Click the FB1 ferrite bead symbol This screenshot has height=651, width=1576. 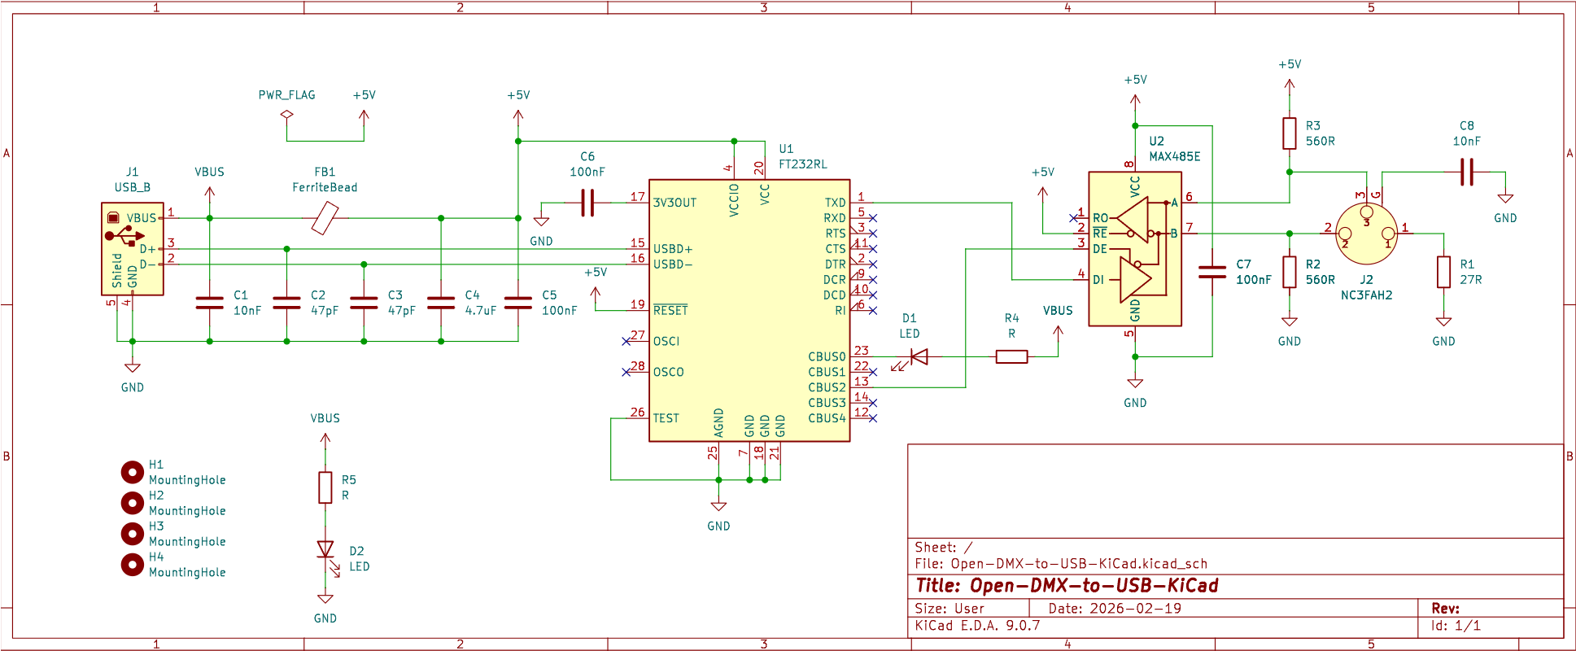(x=325, y=218)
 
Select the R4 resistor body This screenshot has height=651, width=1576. (x=1011, y=356)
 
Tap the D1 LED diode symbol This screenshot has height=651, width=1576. (x=919, y=356)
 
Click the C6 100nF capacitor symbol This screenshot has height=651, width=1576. (x=587, y=203)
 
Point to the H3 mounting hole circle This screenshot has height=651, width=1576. (x=132, y=533)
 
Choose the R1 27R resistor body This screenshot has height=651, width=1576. (x=1443, y=272)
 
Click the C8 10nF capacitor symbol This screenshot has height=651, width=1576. (x=1466, y=172)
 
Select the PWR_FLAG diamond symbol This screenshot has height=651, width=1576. (x=286, y=115)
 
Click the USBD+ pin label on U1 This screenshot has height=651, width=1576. (x=673, y=249)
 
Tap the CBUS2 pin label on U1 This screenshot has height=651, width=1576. (x=827, y=387)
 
